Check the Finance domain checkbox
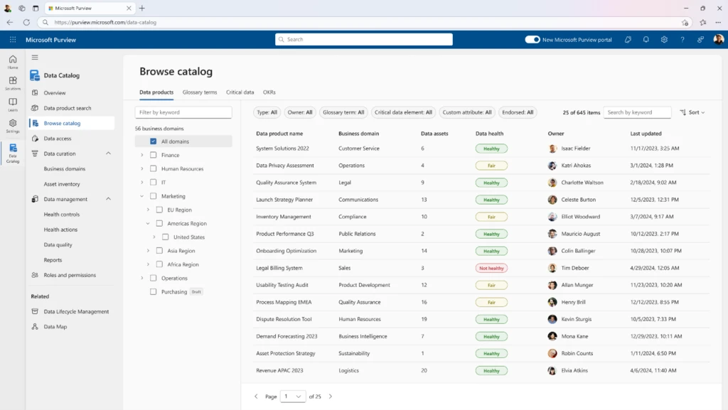(x=153, y=155)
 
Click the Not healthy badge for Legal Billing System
(x=491, y=268)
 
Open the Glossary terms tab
(x=200, y=92)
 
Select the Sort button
(x=692, y=112)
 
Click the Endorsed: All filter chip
(x=518, y=112)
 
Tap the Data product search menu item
(x=68, y=108)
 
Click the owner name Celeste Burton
(x=578, y=200)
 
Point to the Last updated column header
(x=646, y=134)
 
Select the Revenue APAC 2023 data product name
(x=279, y=370)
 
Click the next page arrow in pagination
(x=330, y=396)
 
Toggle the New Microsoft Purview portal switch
(x=532, y=40)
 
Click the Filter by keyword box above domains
(x=183, y=112)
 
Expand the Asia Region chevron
(x=149, y=251)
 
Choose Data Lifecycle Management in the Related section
(x=76, y=311)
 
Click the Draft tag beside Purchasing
(x=196, y=291)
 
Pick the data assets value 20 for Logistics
(x=424, y=370)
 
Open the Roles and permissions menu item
(x=70, y=275)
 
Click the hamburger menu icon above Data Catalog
(x=35, y=58)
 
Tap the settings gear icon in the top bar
(x=664, y=40)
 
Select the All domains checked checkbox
(x=153, y=141)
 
